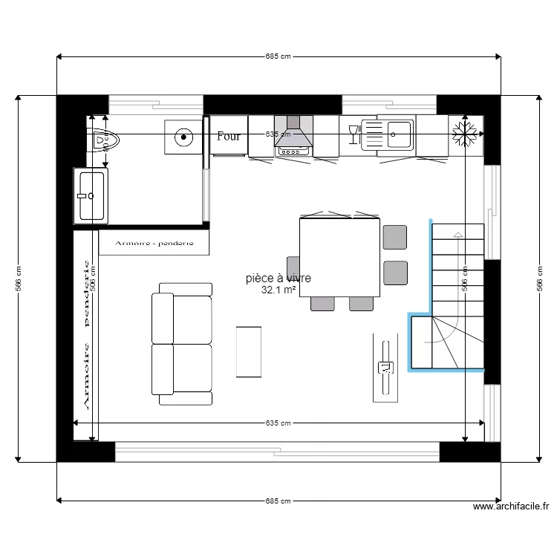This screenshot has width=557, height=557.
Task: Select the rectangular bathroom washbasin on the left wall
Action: point(91,195)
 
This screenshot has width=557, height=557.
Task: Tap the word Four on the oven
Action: point(229,137)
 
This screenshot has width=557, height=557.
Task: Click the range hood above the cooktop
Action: point(293,135)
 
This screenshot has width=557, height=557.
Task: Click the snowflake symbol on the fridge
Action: point(465,134)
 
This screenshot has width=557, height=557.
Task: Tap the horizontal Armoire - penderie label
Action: point(154,242)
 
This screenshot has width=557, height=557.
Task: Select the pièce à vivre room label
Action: point(278,278)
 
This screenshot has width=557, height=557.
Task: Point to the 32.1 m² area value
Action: point(279,291)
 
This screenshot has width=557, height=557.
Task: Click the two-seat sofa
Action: point(182,344)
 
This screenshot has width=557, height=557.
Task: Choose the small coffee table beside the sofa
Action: point(249,351)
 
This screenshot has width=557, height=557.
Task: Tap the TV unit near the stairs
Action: point(385,367)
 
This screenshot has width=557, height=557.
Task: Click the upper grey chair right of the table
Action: point(395,236)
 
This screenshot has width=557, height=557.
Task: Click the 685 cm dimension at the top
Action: point(278,56)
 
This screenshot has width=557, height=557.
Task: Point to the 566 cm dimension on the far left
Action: point(19,278)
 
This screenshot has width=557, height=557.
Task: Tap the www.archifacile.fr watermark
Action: point(511,506)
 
